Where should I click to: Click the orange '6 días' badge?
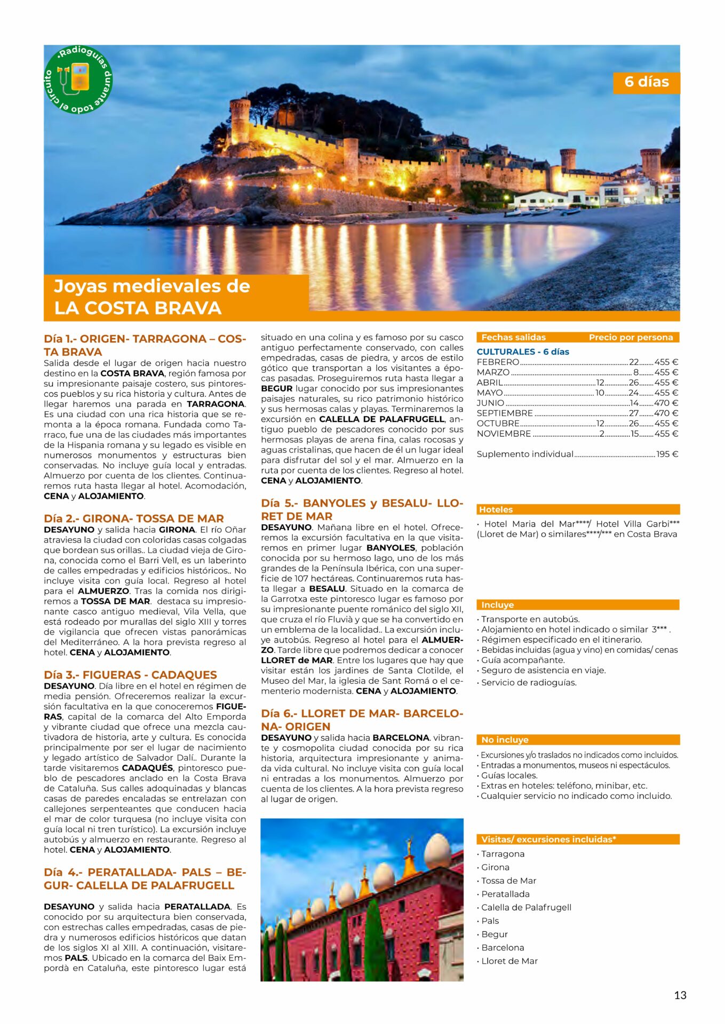pos(646,82)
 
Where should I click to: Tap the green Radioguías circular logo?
pos(78,79)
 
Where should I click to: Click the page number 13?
pos(680,995)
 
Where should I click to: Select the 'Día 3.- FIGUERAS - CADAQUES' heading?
pos(130,675)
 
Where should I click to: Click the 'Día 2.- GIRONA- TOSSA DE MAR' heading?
pos(133,518)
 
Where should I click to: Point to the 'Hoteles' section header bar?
pos(578,509)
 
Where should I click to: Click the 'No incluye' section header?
pos(578,740)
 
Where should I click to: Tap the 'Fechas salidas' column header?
pos(513,337)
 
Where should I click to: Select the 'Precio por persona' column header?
pos(631,337)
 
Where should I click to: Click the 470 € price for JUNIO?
pos(666,403)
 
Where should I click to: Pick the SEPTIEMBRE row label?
pos(504,413)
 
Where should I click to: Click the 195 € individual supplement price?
pos(667,454)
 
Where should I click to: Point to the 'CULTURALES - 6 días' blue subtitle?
pos(522,351)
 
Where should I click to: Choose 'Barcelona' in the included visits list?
pos(503,947)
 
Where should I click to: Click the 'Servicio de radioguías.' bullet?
pos(528,683)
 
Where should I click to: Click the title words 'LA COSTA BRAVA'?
pos(138,308)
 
